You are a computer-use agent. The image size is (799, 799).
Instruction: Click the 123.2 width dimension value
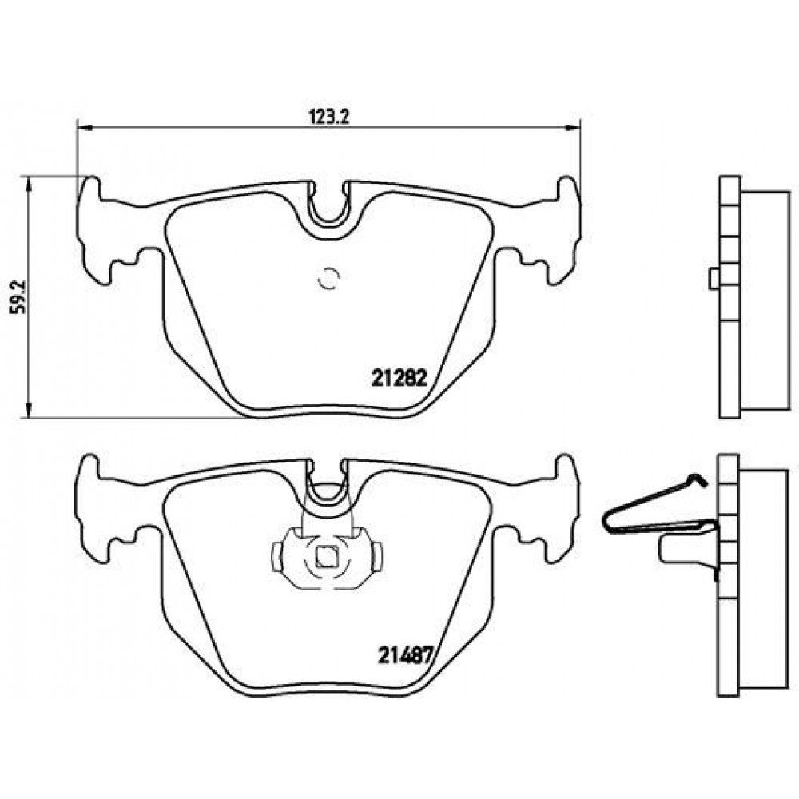[328, 117]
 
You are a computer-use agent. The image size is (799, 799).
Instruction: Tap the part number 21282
[399, 378]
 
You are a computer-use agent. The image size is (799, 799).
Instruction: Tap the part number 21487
[405, 655]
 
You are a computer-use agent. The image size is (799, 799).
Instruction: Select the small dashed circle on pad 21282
[328, 279]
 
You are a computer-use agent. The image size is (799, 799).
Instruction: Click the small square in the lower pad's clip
[326, 556]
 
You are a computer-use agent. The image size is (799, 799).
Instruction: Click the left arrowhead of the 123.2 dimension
[84, 127]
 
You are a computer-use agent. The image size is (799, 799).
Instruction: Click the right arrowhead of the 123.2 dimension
[573, 127]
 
